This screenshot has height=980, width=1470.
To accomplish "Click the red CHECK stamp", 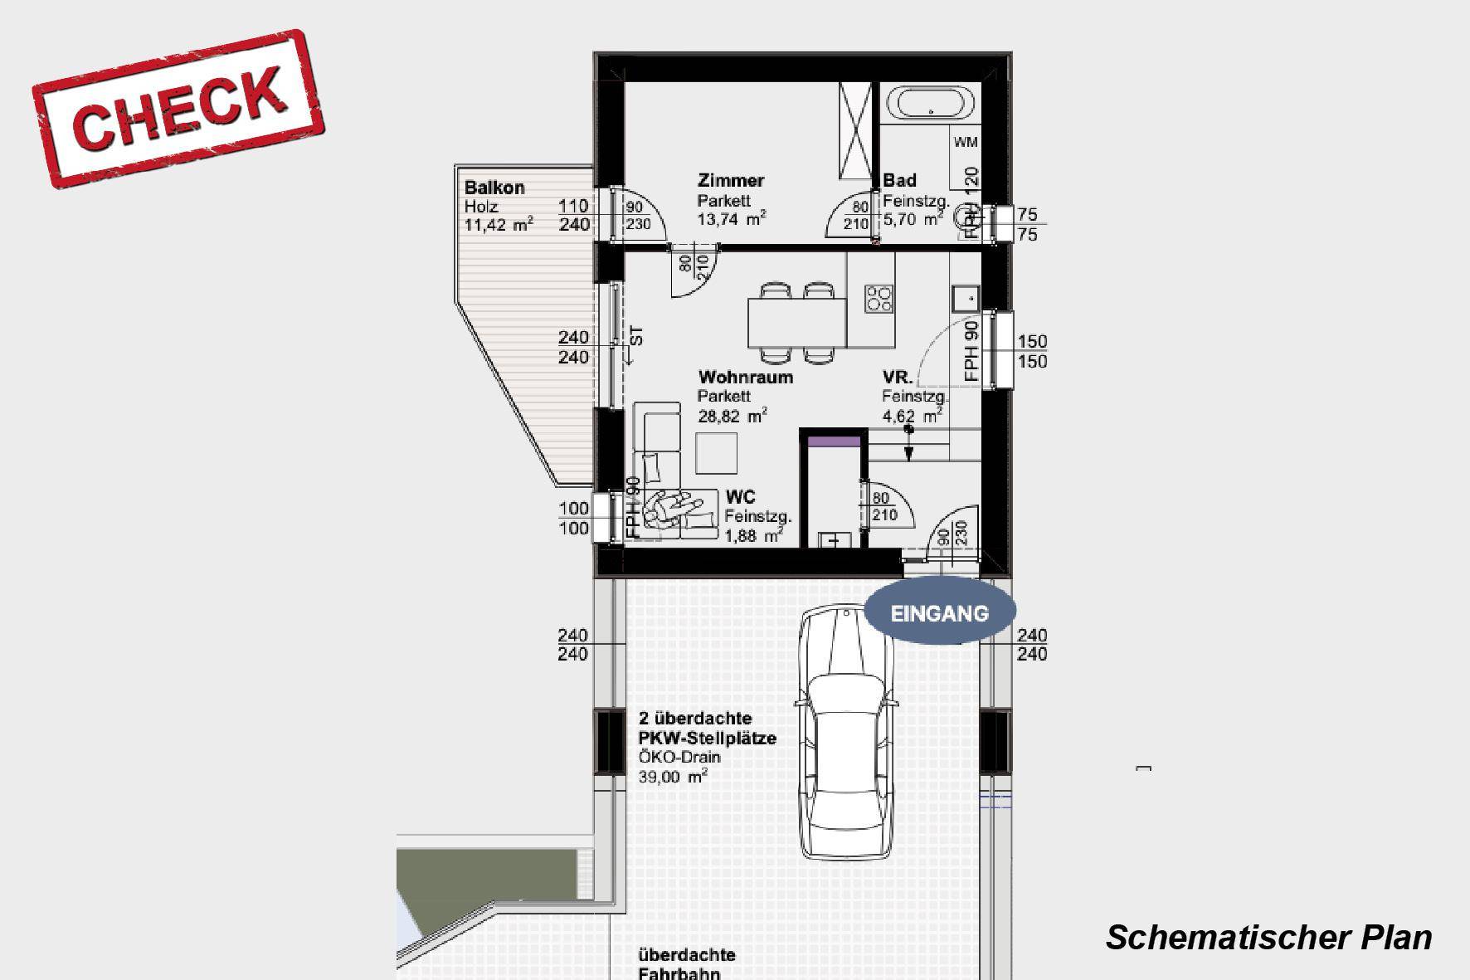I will (178, 109).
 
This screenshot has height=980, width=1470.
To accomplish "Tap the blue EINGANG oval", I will (940, 613).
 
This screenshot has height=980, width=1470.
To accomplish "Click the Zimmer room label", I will (731, 181).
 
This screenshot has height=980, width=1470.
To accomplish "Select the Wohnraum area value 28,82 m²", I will (732, 417).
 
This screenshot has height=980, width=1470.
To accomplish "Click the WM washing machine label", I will (966, 143).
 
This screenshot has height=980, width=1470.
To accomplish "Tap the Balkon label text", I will (494, 188).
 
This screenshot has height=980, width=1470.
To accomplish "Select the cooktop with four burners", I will (879, 299).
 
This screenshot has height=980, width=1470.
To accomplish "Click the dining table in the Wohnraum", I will (796, 324).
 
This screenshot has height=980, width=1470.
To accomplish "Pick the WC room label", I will (740, 497).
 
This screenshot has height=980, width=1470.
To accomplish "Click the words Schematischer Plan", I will (1268, 938).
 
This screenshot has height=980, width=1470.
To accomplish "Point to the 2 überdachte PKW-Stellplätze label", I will (707, 729).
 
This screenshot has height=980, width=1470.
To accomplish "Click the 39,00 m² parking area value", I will (673, 778).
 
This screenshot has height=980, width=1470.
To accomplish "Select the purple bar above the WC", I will (834, 442).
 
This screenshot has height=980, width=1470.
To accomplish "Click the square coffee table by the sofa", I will (716, 453).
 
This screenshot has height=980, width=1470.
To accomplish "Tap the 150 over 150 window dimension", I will (1032, 351).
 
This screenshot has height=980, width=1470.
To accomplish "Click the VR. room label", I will (898, 378).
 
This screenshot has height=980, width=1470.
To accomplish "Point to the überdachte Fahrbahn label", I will (687, 964).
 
